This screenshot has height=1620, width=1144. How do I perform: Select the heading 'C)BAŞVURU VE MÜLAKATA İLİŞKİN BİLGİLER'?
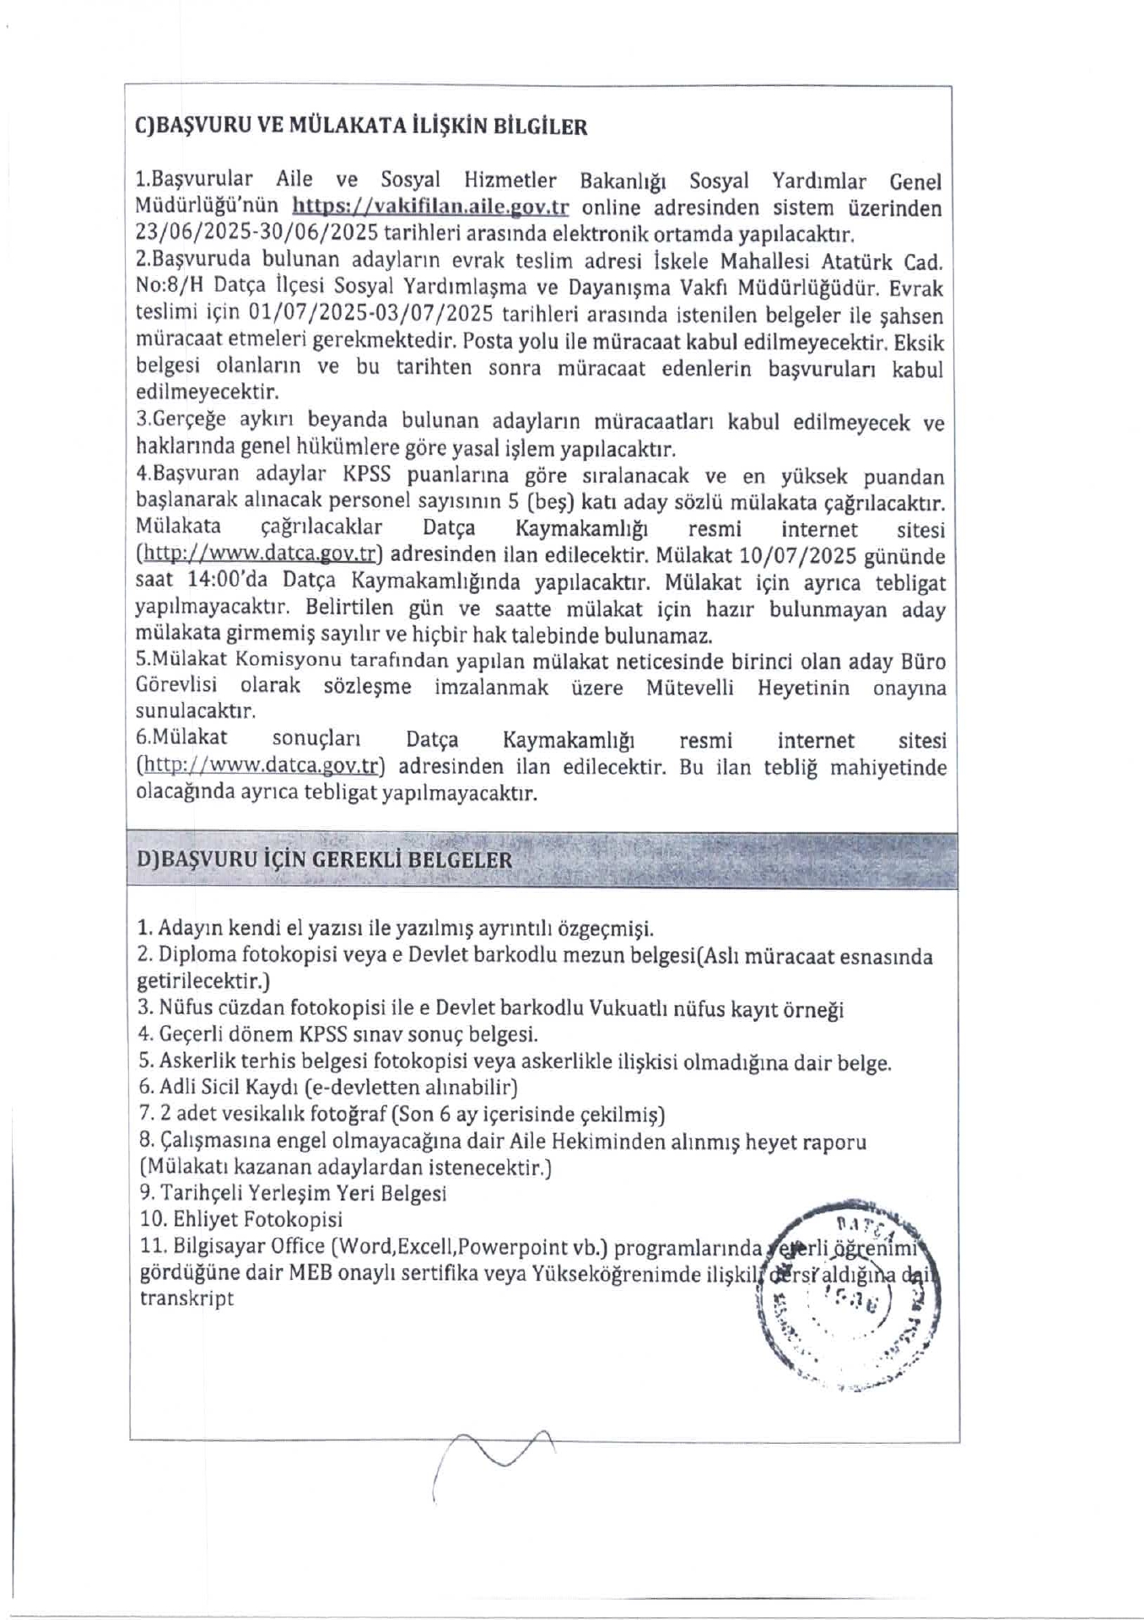pyautogui.click(x=361, y=127)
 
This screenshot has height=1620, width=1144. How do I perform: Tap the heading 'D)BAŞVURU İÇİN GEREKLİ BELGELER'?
pyautogui.click(x=324, y=860)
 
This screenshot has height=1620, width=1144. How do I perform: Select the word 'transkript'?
pyautogui.click(x=186, y=1299)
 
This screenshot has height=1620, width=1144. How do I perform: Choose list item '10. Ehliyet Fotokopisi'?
pyautogui.click(x=240, y=1220)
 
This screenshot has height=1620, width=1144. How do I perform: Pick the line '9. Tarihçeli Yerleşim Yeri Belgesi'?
pyautogui.click(x=292, y=1194)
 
